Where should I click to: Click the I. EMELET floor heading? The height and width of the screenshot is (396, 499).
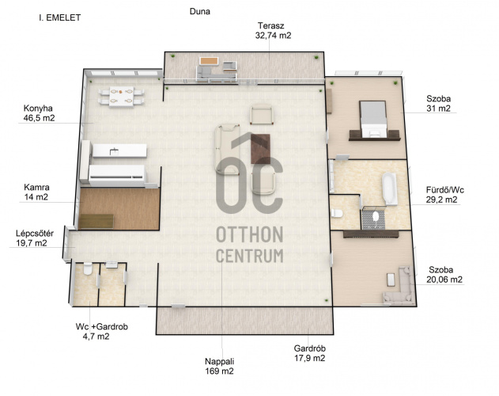[60, 17]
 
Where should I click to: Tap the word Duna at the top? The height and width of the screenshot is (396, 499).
[200, 11]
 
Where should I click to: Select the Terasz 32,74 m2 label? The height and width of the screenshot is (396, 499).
[273, 30]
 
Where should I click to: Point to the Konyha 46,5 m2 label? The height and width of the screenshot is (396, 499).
[39, 113]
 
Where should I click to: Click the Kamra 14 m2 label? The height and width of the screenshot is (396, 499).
[36, 192]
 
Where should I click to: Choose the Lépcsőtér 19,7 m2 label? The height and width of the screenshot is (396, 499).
[35, 238]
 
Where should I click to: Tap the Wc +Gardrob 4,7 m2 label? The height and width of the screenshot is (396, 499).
[101, 331]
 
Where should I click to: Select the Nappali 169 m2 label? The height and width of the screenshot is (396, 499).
[219, 366]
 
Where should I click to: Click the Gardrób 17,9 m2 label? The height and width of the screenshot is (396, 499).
[310, 353]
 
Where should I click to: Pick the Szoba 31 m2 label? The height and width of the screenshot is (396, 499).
[439, 104]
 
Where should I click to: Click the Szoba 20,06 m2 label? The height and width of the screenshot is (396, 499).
[444, 275]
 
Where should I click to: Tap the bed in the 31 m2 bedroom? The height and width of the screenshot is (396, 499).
[372, 120]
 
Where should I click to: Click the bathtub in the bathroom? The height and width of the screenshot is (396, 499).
[389, 188]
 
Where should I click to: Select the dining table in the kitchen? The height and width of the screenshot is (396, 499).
[121, 97]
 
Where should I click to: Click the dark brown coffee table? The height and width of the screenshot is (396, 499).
[260, 149]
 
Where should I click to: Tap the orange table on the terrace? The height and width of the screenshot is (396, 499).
[209, 61]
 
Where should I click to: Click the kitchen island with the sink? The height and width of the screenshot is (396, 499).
[119, 150]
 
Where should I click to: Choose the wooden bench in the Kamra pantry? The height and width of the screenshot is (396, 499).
[96, 221]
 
